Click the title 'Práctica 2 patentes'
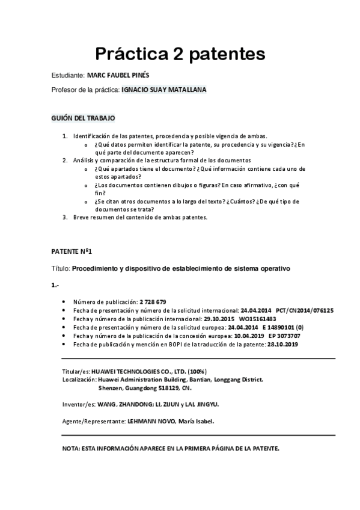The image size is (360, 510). [x=180, y=54]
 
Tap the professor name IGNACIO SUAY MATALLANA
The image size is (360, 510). [x=163, y=90]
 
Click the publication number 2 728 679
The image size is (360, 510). [x=153, y=301]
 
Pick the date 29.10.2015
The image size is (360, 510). [x=220, y=319]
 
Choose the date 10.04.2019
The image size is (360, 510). [x=249, y=336]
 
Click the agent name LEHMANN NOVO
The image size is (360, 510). [x=150, y=421]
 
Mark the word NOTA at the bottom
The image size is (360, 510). [x=71, y=449]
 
